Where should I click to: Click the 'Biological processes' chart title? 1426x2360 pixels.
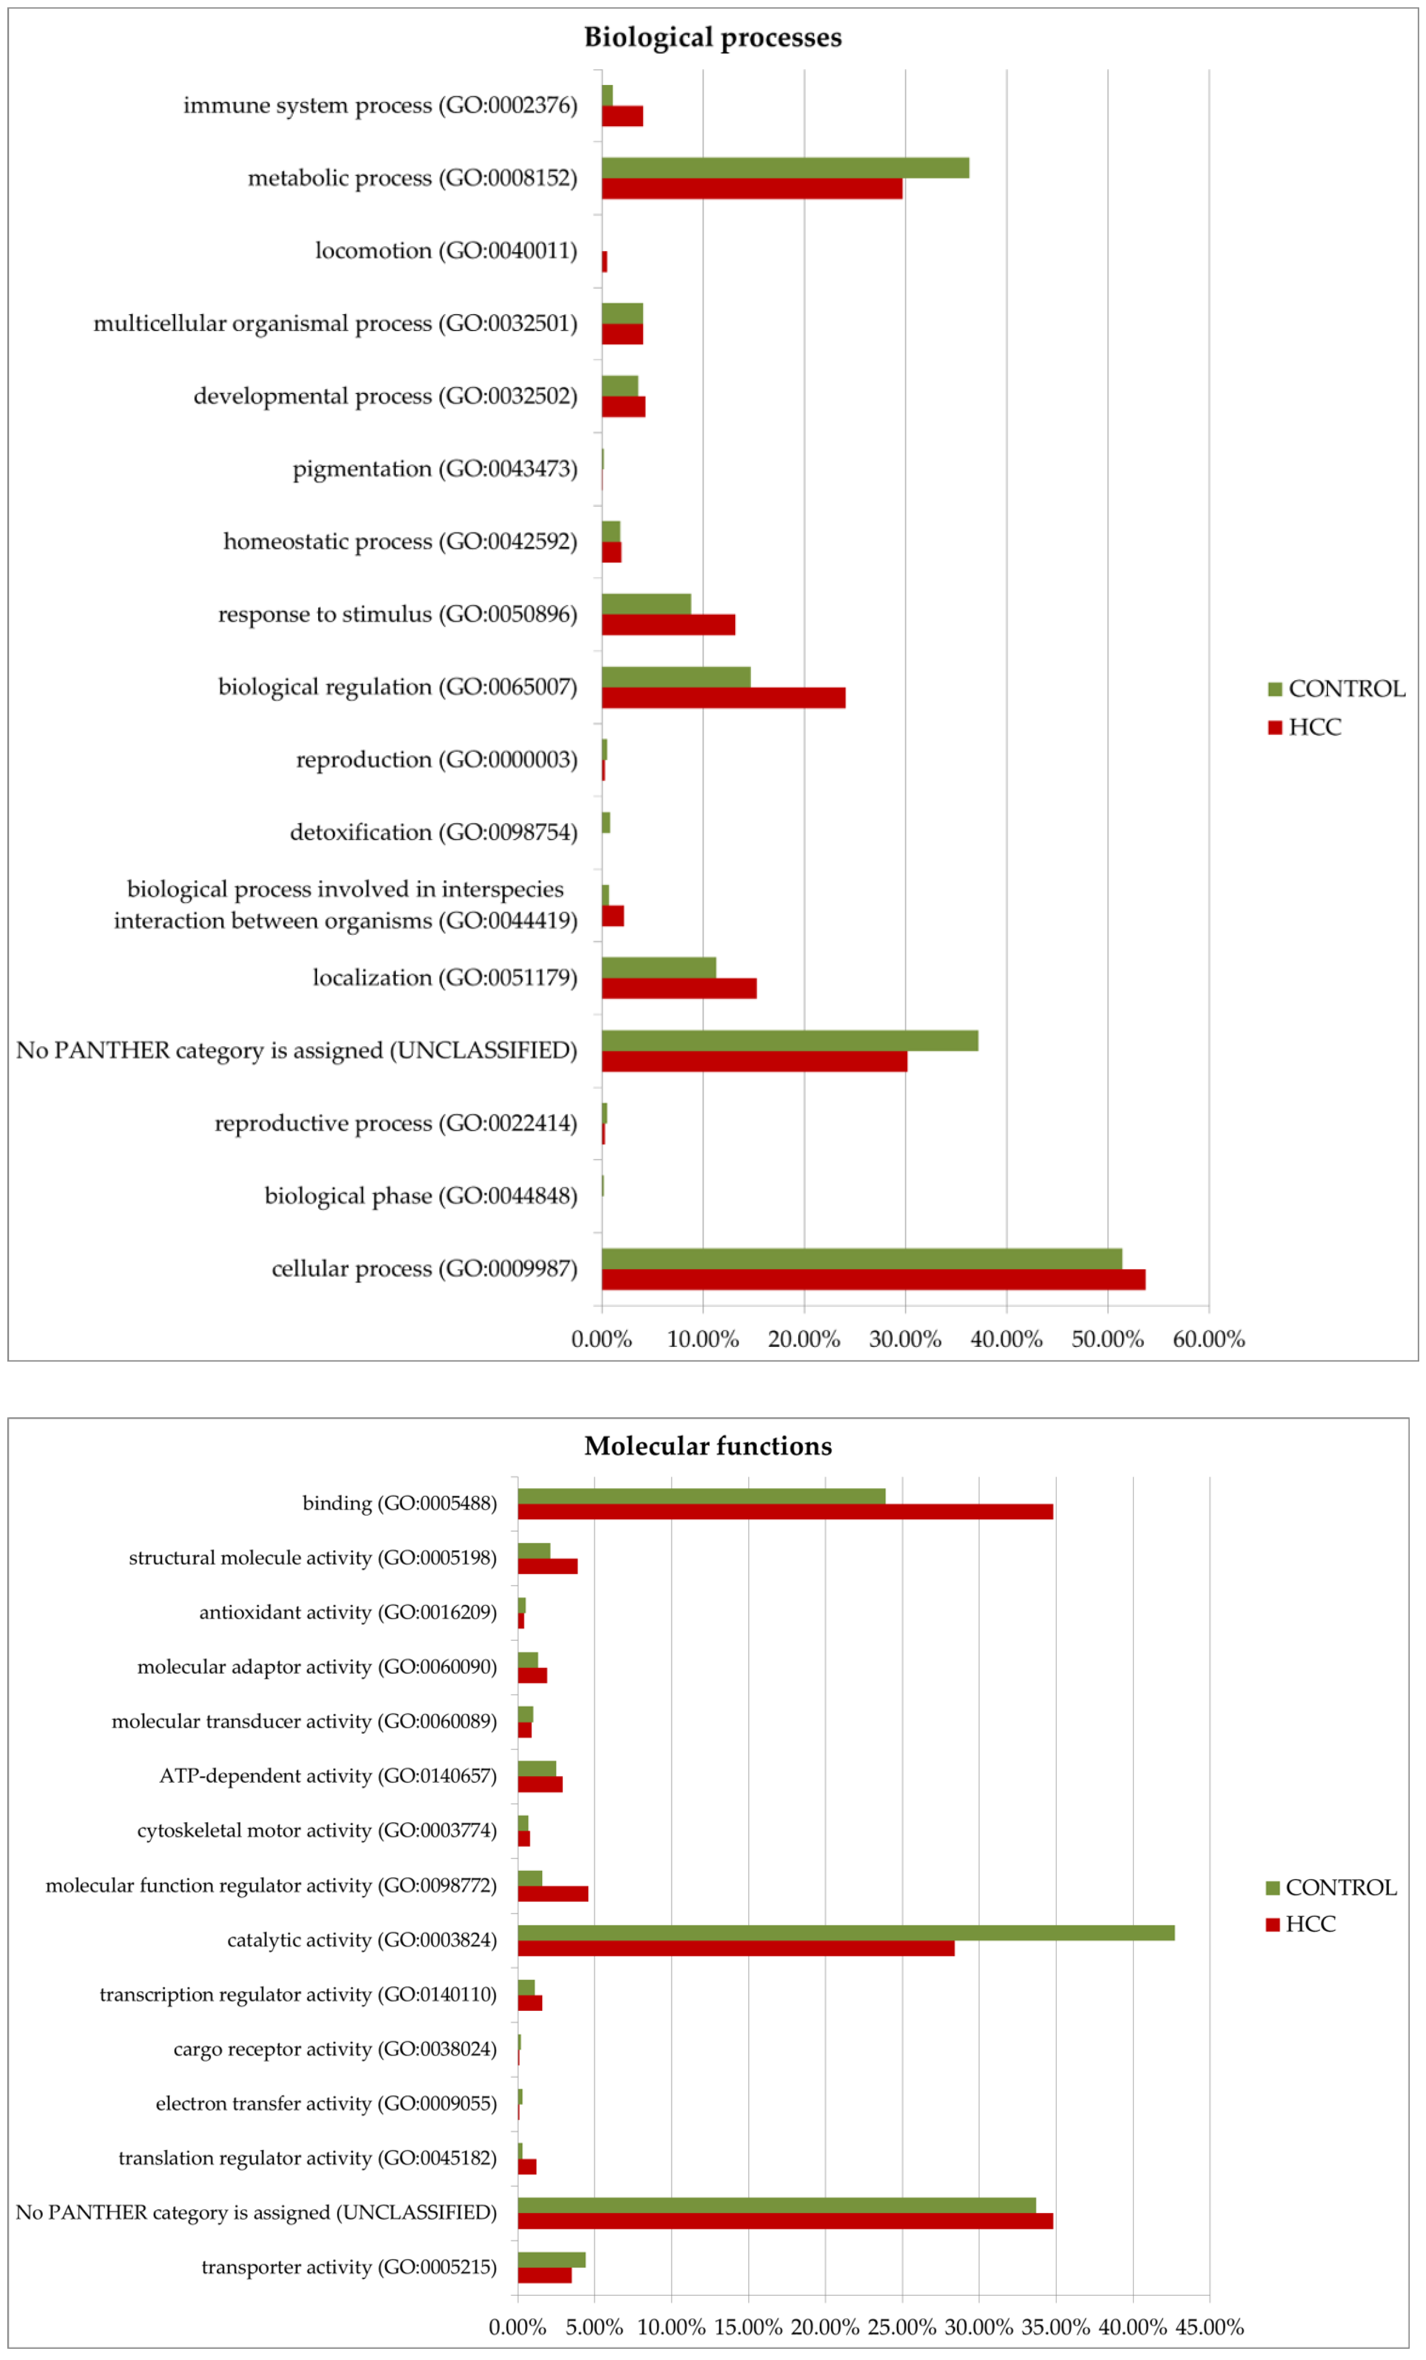click(713, 37)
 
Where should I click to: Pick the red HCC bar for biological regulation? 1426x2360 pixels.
click(723, 697)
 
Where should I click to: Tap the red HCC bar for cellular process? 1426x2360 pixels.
click(873, 1279)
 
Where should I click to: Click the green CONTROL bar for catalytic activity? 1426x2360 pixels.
click(846, 1933)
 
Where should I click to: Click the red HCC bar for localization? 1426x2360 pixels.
click(679, 988)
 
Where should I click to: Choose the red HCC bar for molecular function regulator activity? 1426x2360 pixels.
click(553, 1894)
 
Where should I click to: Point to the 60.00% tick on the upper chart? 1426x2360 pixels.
click(1209, 1339)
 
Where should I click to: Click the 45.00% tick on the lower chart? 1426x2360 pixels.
click(1209, 2326)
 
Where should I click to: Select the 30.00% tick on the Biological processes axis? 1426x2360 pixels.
click(905, 1339)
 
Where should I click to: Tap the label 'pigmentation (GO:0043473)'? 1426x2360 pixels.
click(435, 469)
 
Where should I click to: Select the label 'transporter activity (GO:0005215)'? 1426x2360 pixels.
click(348, 2267)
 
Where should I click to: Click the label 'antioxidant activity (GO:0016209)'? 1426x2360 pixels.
click(348, 1612)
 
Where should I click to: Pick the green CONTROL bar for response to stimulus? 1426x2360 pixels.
click(646, 604)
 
